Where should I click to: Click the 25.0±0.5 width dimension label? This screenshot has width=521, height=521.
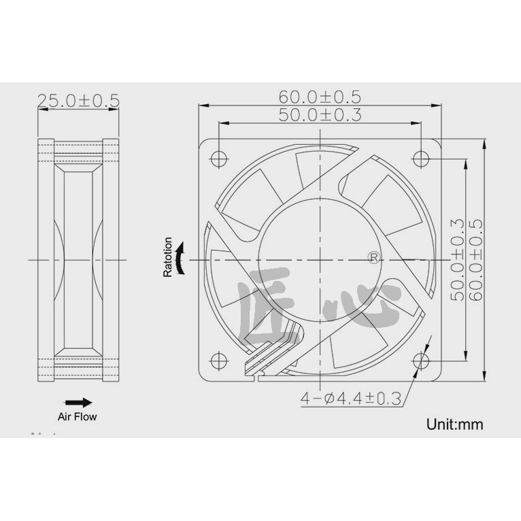[x=78, y=101]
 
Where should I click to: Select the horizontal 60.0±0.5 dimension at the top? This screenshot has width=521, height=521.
[x=320, y=97]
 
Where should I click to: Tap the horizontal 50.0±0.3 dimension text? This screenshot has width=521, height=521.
[x=320, y=115]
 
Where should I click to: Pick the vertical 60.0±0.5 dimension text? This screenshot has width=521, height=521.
[x=475, y=259]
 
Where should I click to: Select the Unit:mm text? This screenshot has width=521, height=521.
[x=454, y=424]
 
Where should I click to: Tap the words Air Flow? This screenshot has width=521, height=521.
[x=77, y=416]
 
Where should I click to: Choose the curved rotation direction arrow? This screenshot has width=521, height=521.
[x=180, y=260]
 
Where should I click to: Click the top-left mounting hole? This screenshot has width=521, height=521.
[x=218, y=157]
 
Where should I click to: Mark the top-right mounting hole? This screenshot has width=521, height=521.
[x=422, y=157]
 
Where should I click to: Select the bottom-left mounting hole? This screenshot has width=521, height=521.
[x=218, y=360]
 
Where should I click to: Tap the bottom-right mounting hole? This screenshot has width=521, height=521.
[x=422, y=360]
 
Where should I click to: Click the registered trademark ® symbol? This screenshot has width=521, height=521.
[x=373, y=256]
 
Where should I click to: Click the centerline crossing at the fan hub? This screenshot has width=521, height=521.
[x=320, y=259]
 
